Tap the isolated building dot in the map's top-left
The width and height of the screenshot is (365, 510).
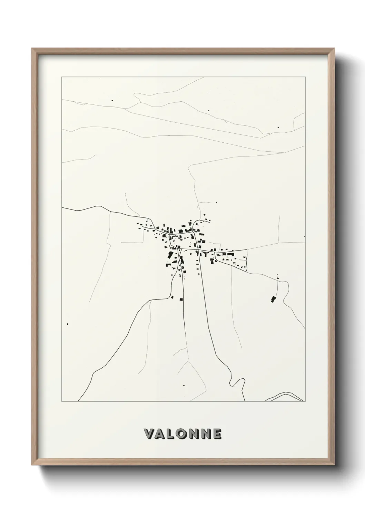click(x=112, y=100)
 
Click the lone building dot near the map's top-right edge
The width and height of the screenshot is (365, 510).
click(x=278, y=127)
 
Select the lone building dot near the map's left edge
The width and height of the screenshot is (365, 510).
click(x=67, y=324)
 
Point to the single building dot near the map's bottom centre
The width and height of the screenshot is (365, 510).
click(x=184, y=385)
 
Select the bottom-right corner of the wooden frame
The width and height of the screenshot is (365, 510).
click(x=334, y=465)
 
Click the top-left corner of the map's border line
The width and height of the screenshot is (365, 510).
click(x=62, y=77)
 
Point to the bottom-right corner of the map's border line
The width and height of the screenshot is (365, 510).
click(x=305, y=401)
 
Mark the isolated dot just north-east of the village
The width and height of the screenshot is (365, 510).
click(x=216, y=202)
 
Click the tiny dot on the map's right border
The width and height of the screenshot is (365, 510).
click(x=305, y=236)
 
